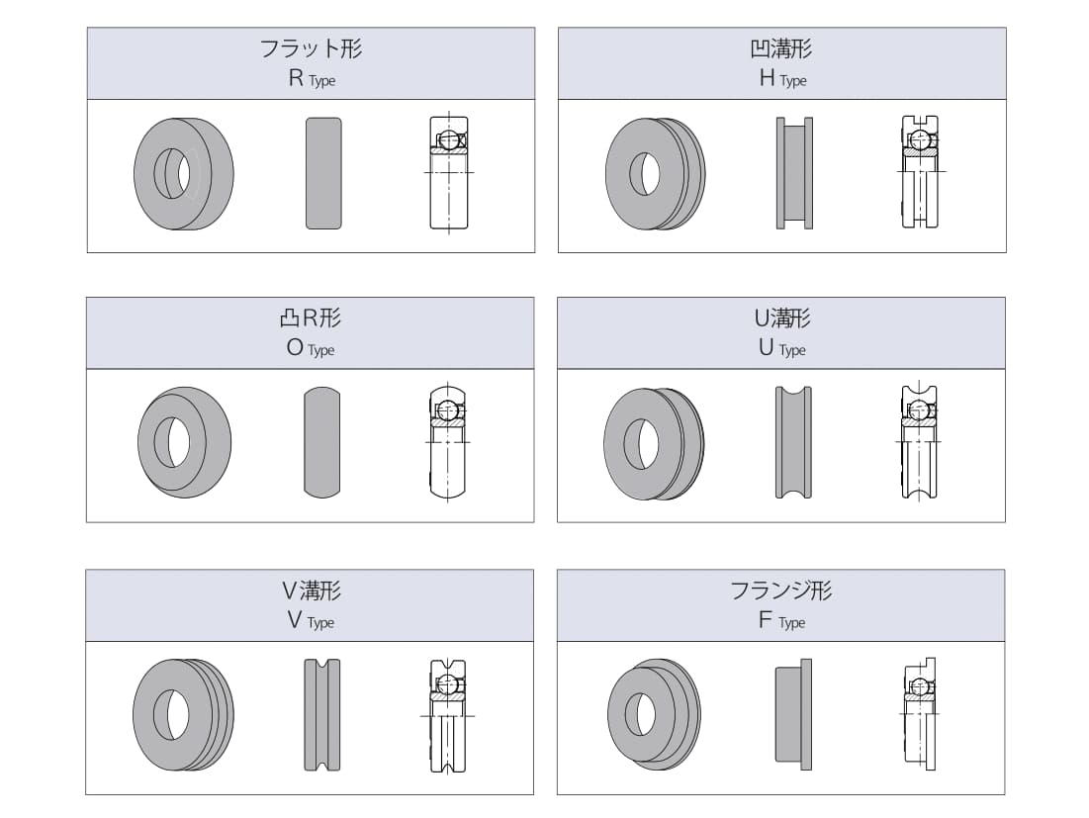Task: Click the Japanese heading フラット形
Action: [311, 48]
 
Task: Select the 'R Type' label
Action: [312, 78]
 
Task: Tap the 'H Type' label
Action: [782, 78]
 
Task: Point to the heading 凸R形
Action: [311, 318]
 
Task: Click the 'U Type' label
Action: [782, 348]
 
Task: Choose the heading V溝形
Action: [311, 591]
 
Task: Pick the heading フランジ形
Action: [781, 591]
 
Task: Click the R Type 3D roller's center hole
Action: [173, 173]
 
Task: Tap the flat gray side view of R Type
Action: [323, 173]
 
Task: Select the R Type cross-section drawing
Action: [449, 172]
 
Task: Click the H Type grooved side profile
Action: [794, 173]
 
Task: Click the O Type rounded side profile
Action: [322, 442]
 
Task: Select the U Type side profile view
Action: [794, 442]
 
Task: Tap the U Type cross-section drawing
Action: [919, 441]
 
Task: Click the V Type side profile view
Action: [322, 714]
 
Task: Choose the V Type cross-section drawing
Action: [448, 714]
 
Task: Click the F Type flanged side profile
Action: [793, 714]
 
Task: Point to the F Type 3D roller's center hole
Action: [640, 714]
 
